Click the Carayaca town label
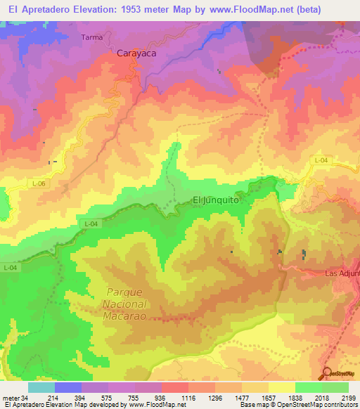(x=135, y=52)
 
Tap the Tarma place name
(x=91, y=37)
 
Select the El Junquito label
(x=216, y=200)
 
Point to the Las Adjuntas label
(x=342, y=273)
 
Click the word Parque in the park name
(x=125, y=292)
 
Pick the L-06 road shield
(x=39, y=183)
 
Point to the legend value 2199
(x=349, y=397)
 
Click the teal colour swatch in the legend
(x=41, y=387)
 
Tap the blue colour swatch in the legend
(x=68, y=387)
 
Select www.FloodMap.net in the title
(x=243, y=10)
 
